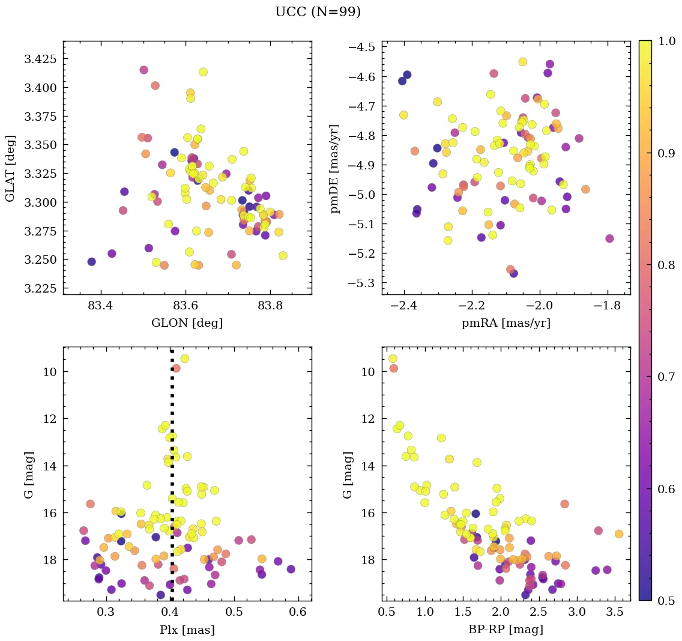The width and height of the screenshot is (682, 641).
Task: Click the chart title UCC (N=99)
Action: [318, 12]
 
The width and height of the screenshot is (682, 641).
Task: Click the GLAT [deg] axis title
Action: [10, 168]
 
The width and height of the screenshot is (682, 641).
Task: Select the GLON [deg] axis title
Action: [187, 323]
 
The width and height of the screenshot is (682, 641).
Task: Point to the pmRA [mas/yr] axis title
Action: [505, 323]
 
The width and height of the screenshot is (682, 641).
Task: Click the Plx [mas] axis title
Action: [187, 630]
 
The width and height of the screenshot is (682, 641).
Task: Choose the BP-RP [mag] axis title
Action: [505, 630]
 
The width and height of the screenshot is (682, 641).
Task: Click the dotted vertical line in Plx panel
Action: [172, 481]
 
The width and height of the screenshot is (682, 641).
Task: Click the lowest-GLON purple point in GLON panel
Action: [91, 262]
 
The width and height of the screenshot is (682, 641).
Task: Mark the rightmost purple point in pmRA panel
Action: [609, 238]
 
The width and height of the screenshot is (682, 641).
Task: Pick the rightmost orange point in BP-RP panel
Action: [619, 533]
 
